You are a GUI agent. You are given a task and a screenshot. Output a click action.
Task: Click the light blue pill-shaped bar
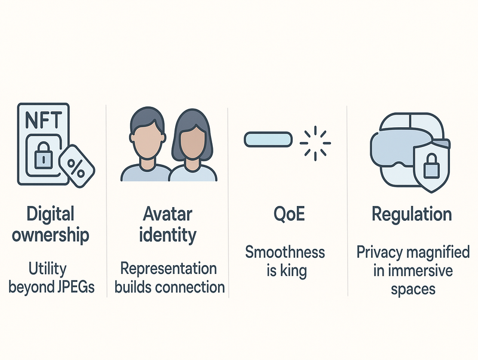[x=268, y=140]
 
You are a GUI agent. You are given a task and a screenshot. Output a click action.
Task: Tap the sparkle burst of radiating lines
[x=314, y=142]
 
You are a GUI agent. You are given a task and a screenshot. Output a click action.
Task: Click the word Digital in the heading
[x=50, y=214]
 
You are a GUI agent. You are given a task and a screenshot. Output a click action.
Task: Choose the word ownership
[x=50, y=234]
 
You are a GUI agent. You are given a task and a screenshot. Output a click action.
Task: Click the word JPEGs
[x=75, y=287]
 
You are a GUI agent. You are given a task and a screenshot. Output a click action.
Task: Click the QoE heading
[x=286, y=214]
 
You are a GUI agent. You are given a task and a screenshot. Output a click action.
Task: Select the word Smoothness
[x=286, y=251]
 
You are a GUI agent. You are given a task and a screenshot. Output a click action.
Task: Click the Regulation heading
[x=412, y=214]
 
